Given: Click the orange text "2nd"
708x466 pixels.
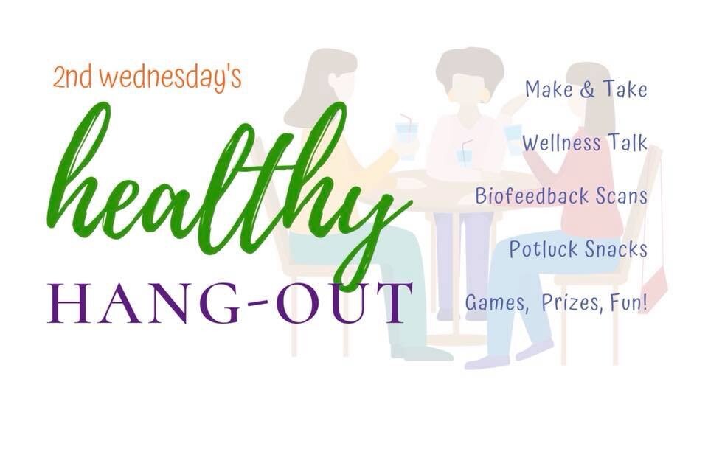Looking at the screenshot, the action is pos(72,77).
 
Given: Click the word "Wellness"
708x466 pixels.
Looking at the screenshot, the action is pos(562,143).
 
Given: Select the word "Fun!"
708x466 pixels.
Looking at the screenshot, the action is pos(628,302).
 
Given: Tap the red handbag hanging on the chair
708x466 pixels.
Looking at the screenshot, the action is pos(654,284).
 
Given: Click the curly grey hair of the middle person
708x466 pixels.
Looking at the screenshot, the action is pos(470,68).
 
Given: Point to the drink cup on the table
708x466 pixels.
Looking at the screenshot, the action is pos(464,156).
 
